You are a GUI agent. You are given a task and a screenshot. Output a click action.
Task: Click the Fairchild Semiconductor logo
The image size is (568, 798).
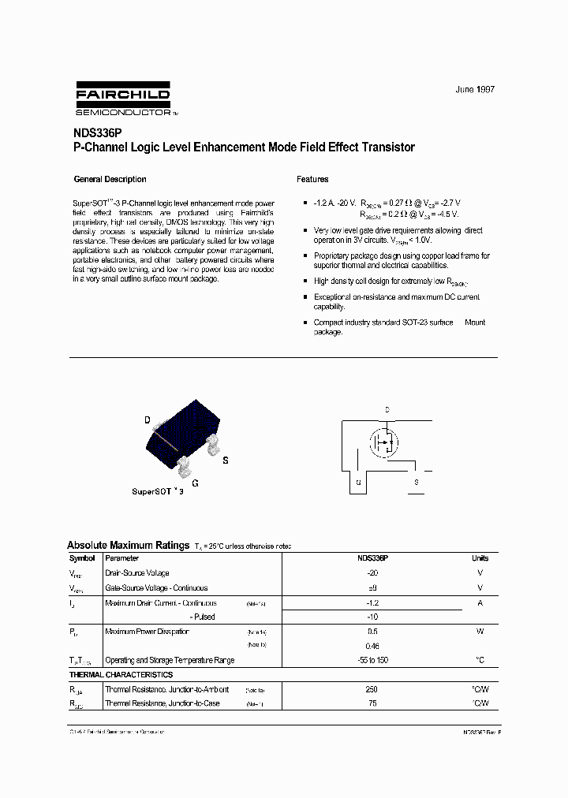click(123, 99)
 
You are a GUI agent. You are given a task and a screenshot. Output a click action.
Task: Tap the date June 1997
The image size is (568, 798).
click(475, 90)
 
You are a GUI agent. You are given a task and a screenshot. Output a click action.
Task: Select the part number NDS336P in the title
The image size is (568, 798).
click(98, 134)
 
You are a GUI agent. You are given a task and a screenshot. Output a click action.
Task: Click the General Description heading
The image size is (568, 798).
click(110, 179)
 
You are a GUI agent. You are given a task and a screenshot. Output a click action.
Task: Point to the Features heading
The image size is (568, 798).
click(312, 179)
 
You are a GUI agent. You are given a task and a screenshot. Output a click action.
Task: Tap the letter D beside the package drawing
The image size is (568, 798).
click(147, 420)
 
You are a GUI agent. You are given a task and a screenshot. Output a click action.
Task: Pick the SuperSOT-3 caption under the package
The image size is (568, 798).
click(158, 490)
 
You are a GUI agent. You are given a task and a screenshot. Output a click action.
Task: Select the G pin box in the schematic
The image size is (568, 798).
click(358, 481)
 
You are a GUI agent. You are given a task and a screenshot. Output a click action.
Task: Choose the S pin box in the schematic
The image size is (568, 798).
click(417, 481)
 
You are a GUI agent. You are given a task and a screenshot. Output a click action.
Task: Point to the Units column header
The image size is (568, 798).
click(480, 558)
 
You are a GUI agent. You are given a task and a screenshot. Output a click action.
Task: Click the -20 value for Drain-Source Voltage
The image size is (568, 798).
click(372, 573)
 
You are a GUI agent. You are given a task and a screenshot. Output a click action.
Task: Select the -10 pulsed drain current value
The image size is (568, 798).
click(372, 617)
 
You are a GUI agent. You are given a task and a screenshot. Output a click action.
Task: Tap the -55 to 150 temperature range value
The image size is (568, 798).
click(372, 660)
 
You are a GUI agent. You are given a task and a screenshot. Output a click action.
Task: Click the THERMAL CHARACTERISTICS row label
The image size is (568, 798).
click(121, 675)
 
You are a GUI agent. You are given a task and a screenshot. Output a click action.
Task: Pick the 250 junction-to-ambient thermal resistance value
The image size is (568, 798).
click(372, 689)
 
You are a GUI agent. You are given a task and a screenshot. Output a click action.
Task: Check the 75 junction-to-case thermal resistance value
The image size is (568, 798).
click(372, 703)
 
